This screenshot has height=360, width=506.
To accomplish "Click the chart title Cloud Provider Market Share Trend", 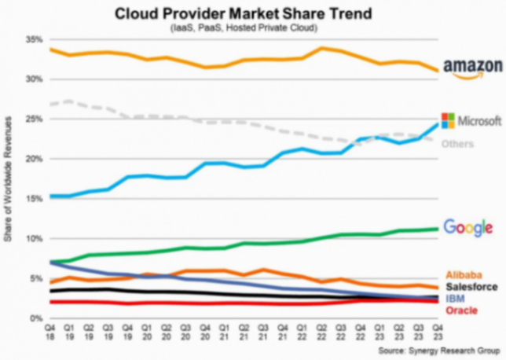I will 253,13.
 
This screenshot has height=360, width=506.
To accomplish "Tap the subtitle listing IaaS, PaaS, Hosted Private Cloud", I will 253,28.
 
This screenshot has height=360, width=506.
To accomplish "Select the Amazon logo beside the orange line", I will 471,68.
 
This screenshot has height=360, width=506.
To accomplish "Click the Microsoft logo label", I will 471,121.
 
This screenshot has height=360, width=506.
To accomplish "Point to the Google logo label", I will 467,227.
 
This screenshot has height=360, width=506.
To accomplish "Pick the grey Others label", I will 457,144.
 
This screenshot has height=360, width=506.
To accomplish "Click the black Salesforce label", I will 471,287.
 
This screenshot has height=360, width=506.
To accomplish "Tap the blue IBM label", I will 454,299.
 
